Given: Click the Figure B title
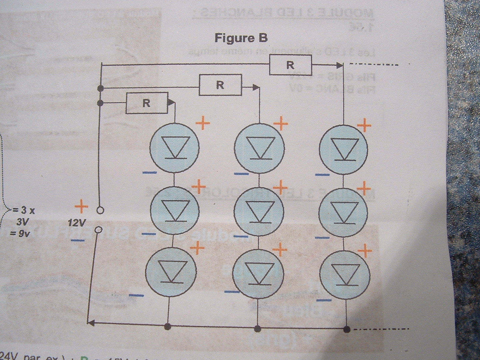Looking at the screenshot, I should tap(241, 38).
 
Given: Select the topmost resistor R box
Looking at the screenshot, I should tap(290, 65).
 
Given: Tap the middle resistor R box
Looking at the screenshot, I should tap(220, 85).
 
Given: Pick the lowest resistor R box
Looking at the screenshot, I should tap(147, 103).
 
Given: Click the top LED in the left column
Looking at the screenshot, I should tap(175, 148).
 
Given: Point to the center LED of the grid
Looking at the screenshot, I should tap(259, 211).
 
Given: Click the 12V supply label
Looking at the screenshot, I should tap(77, 223).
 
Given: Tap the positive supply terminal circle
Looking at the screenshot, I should tap(100, 210).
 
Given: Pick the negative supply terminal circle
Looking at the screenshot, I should tap(98, 230).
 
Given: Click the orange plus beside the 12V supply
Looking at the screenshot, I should tap(81, 207).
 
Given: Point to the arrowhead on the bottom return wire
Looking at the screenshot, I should tap(91, 323).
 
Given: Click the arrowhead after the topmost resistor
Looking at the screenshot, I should tap(339, 64).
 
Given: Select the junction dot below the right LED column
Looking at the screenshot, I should tap(347, 329).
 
